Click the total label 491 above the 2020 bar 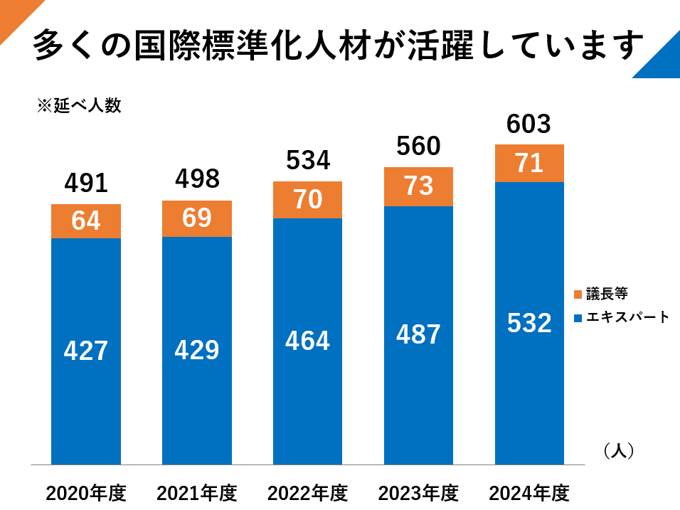tap(86, 184)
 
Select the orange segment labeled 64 tap(86, 221)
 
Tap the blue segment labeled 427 tap(86, 351)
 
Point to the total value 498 tap(197, 179)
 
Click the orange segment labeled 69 tap(197, 218)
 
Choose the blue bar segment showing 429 tap(197, 350)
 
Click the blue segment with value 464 tap(308, 341)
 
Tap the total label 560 tap(418, 147)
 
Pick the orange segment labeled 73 tap(418, 186)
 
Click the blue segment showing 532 tap(529, 323)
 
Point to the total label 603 tap(529, 124)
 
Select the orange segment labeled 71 tap(529, 163)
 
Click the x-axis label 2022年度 tap(308, 492)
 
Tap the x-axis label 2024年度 tap(529, 492)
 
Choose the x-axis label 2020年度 tap(86, 492)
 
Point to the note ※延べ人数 tap(79, 106)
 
